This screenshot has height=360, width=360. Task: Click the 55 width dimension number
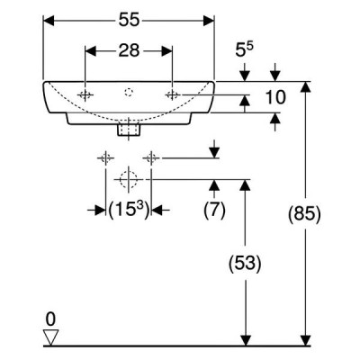click(x=130, y=21)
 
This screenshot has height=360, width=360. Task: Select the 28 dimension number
click(x=129, y=50)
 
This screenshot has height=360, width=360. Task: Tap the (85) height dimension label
click(x=304, y=215)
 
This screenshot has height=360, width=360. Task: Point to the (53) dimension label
click(x=245, y=264)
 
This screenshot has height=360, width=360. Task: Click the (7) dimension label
click(x=214, y=210)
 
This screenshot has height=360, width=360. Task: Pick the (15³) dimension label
click(x=129, y=210)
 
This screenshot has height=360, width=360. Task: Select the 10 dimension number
click(x=275, y=97)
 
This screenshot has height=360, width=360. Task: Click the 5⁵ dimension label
click(x=244, y=49)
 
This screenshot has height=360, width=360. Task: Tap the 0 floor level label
click(x=50, y=319)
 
